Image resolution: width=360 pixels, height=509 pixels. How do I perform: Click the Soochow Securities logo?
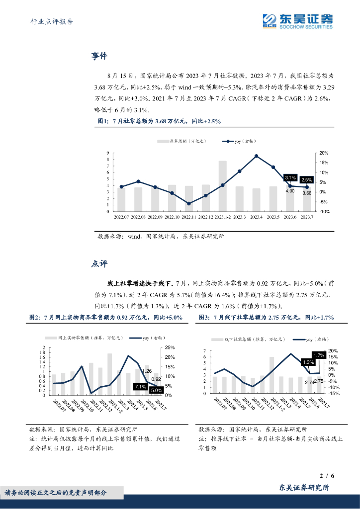click(298, 21)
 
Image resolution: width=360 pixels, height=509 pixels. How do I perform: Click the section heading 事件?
click(99, 56)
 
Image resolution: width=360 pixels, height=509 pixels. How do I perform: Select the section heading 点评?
click(99, 264)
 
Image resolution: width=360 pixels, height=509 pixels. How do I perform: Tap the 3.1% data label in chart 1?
click(290, 177)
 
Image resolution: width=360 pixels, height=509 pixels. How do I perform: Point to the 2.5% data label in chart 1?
click(307, 180)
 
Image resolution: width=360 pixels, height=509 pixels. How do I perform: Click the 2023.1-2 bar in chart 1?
click(222, 185)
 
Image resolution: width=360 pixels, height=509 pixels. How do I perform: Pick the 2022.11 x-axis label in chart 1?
click(188, 217)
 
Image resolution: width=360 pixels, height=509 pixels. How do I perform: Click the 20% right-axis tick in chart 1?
click(324, 153)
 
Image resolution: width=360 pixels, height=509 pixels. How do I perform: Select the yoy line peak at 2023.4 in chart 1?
click(256, 156)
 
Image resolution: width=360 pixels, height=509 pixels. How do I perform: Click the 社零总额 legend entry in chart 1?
click(174, 142)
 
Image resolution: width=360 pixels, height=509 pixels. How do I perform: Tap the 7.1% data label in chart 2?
click(140, 387)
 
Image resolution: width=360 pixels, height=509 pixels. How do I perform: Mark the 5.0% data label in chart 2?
click(157, 391)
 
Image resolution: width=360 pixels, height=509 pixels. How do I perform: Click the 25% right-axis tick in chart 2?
click(170, 347)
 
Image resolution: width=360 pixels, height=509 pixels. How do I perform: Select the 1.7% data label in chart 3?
click(319, 355)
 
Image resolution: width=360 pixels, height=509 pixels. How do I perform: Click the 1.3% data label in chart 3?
click(307, 362)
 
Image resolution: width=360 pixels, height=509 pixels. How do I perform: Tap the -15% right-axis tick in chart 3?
click(334, 393)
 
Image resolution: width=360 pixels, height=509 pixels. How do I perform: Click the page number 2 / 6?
click(327, 476)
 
